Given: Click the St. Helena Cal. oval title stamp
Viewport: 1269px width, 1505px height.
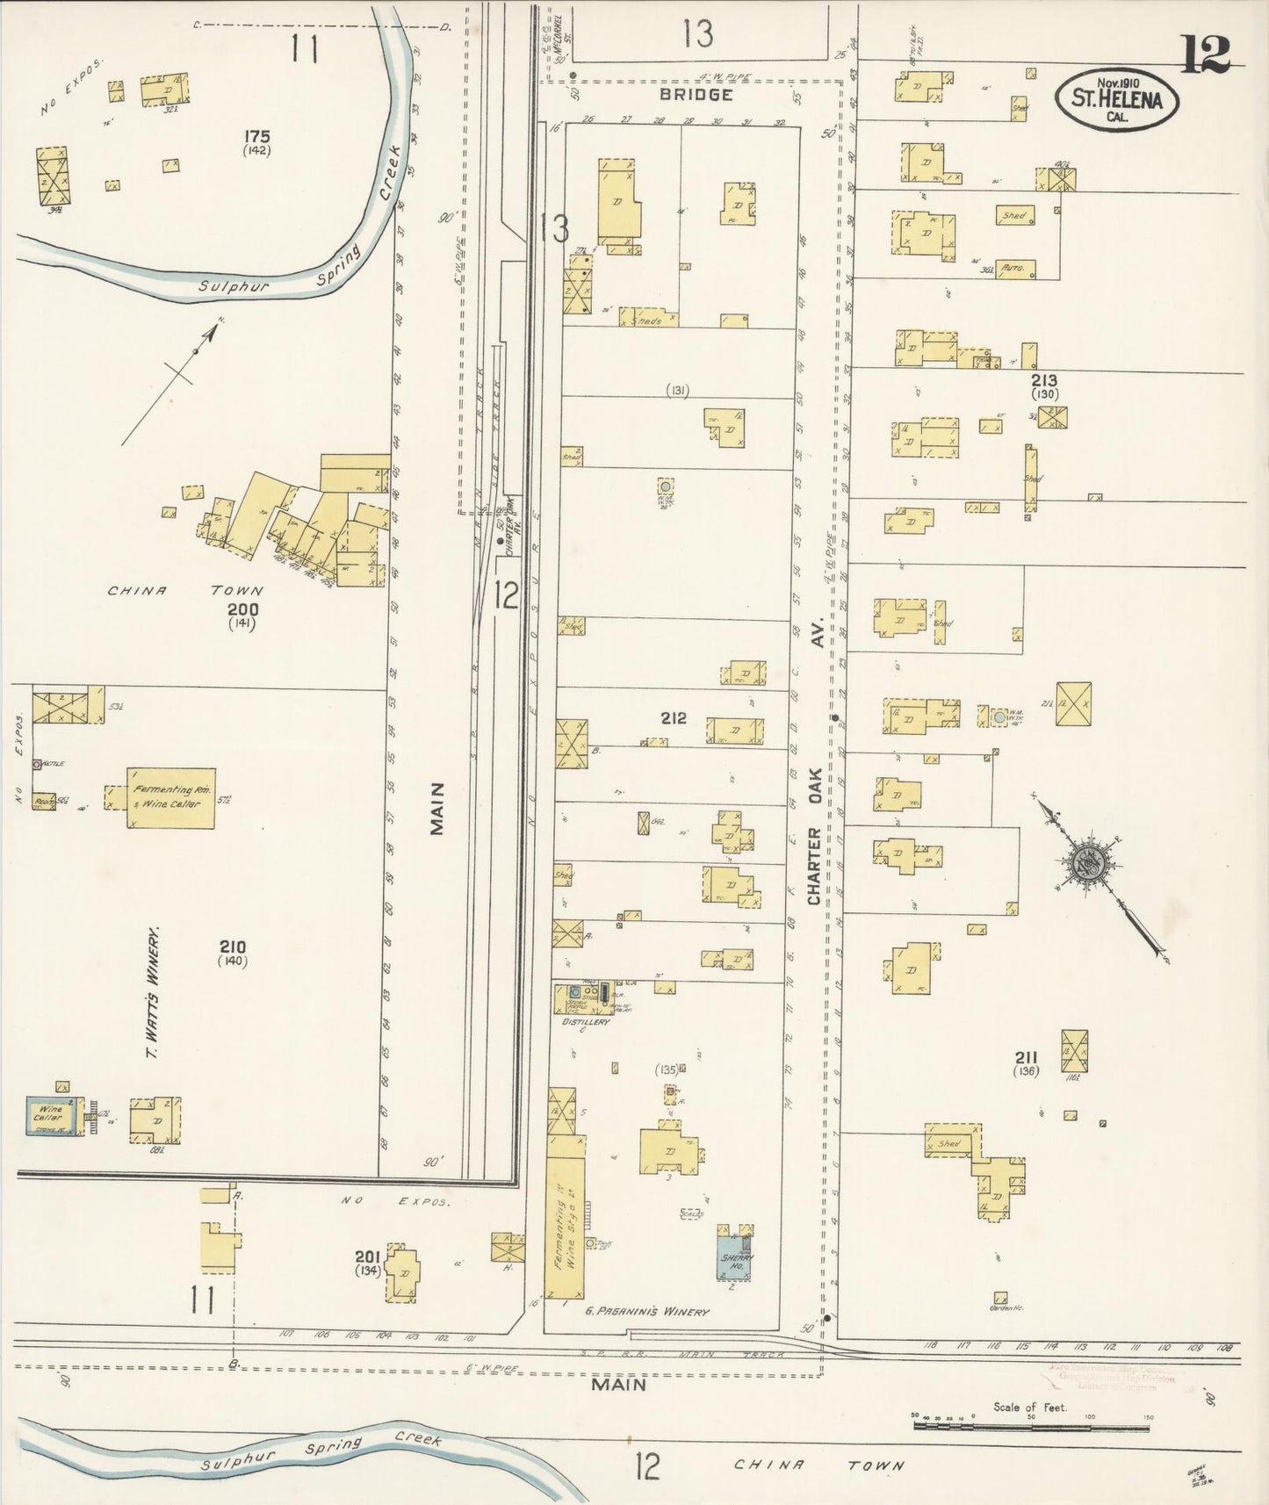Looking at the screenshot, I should (x=1116, y=100).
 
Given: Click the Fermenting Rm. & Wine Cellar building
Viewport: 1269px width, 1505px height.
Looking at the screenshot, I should (x=170, y=797).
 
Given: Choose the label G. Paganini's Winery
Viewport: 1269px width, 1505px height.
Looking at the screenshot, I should (x=647, y=1312).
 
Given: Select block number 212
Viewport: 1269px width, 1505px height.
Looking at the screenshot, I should (x=674, y=718).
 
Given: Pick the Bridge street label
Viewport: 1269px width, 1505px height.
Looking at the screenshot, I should (x=696, y=94).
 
